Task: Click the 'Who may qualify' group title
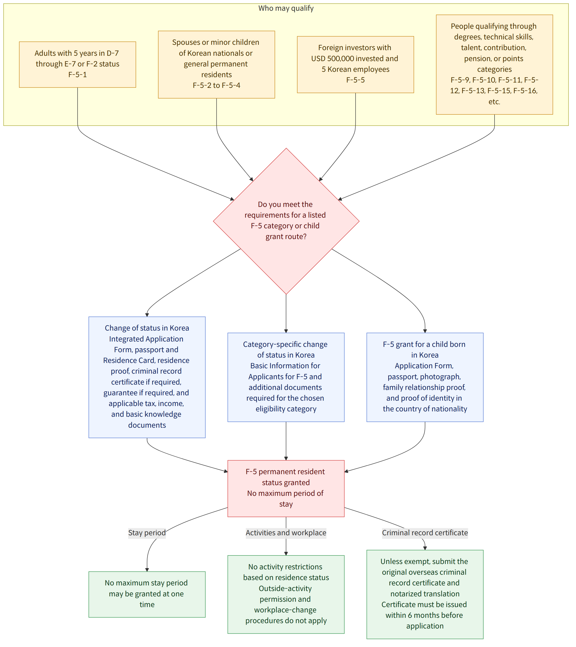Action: click(286, 8)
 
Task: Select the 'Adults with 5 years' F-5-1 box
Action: click(78, 65)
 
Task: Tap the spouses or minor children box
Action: click(216, 65)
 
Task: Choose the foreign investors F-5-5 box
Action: click(355, 65)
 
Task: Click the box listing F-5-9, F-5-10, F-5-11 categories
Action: click(494, 65)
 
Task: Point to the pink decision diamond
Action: click(286, 221)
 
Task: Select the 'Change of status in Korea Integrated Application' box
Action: click(147, 378)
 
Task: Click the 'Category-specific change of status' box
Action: click(286, 378)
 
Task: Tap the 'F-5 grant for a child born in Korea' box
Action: click(425, 378)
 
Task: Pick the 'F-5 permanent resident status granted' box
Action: click(286, 489)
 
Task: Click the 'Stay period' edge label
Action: click(147, 533)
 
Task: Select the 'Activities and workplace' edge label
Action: click(286, 533)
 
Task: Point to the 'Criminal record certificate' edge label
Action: click(425, 533)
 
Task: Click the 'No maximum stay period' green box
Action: click(147, 595)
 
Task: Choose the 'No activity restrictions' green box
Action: click(286, 595)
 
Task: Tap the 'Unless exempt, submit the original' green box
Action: click(425, 595)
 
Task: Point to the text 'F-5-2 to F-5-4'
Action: click(216, 85)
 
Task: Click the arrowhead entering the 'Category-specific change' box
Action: click(286, 331)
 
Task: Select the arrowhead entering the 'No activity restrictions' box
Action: click(286, 554)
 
